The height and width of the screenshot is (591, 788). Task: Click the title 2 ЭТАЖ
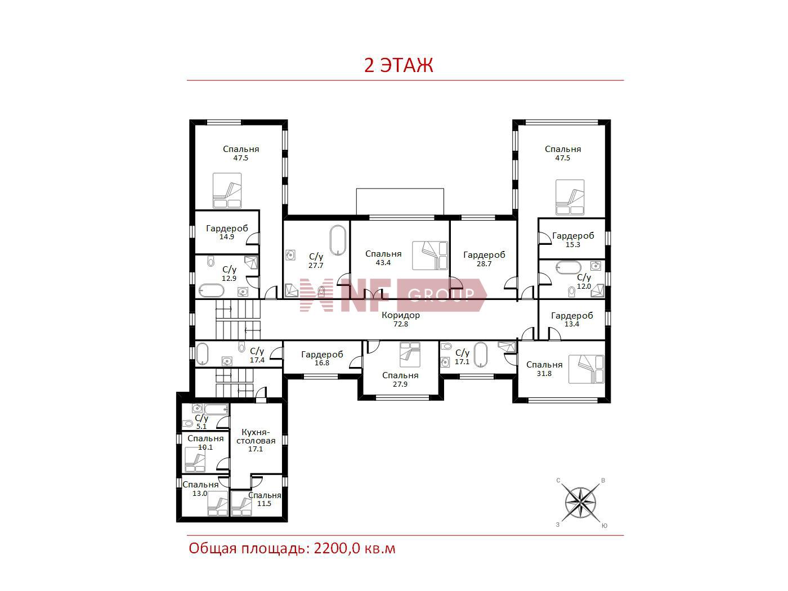point(399,65)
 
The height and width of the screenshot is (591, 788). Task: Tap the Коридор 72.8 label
point(401,319)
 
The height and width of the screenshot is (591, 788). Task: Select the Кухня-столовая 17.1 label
point(256,440)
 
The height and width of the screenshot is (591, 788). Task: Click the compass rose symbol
point(580,503)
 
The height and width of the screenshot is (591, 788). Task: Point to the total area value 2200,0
point(337,549)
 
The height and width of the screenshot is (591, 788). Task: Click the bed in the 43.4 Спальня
point(430,256)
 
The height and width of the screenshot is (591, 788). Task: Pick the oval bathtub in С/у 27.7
point(338,240)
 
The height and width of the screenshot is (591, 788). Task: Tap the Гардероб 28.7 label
point(484,259)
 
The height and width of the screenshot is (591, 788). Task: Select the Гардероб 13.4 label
point(572,319)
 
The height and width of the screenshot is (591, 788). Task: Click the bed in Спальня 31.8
point(586,369)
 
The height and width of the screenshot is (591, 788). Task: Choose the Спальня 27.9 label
point(400,379)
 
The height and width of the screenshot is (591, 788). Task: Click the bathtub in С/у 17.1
point(481,355)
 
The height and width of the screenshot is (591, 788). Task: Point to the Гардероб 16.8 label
point(322,358)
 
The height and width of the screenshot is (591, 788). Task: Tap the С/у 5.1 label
point(202,422)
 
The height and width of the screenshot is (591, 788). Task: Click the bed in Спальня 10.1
point(195,459)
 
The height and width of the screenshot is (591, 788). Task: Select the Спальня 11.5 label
point(265,499)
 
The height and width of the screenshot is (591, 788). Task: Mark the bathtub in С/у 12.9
point(212,290)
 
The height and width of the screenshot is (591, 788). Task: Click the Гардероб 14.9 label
point(227,232)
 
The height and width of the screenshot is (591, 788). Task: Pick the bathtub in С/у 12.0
point(568,267)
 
